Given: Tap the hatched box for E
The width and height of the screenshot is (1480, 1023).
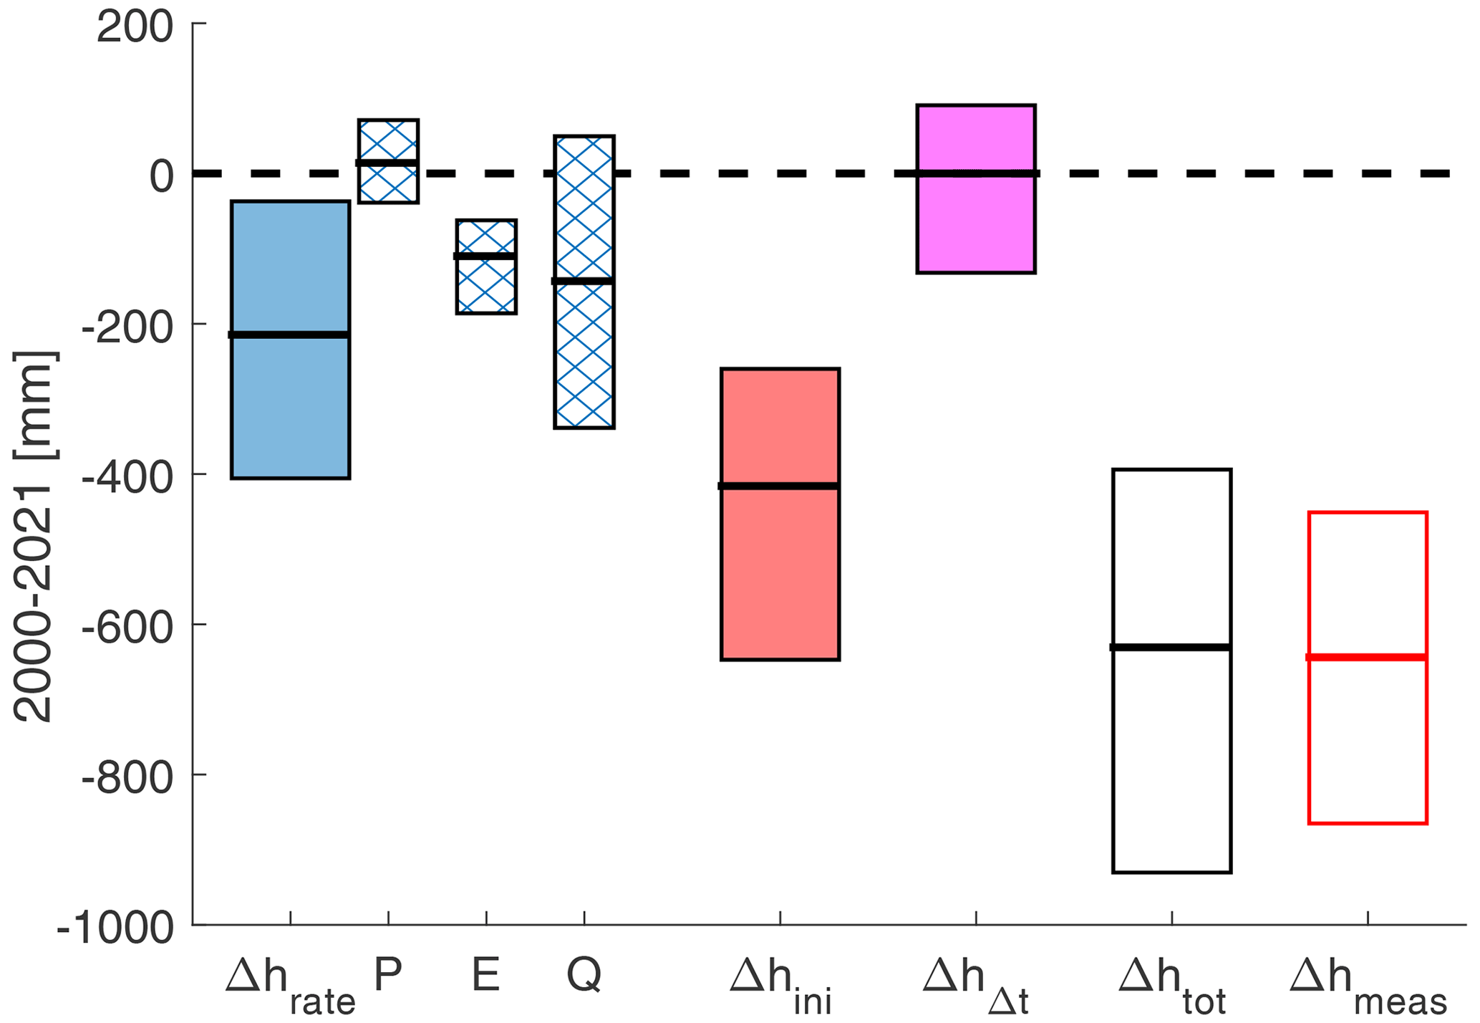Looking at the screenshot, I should pyautogui.click(x=486, y=287).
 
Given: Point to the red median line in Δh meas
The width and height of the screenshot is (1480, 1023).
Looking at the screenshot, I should pyautogui.click(x=1368, y=657).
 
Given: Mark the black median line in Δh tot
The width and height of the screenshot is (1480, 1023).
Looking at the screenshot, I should pyautogui.click(x=1172, y=648).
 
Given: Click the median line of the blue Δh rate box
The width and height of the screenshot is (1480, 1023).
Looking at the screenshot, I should pyautogui.click(x=290, y=335).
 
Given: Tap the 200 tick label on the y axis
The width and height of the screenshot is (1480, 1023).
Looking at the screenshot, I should pyautogui.click(x=135, y=29).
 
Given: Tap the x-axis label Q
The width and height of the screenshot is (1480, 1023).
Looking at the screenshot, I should pyautogui.click(x=584, y=974).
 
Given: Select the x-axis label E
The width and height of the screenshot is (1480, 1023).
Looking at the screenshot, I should pyautogui.click(x=486, y=974).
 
